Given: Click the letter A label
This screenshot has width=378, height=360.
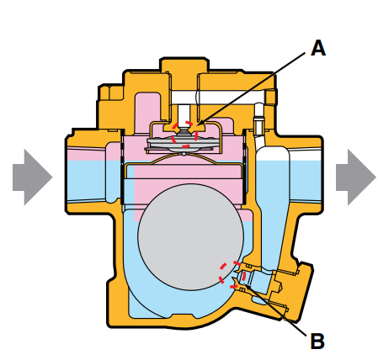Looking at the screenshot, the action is click(318, 48).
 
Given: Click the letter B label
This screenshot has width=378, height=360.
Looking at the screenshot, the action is click(318, 341).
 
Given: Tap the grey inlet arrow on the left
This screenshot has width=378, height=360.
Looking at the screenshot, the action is click(33, 177).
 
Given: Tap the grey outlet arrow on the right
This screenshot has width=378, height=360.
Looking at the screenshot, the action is click(356, 177).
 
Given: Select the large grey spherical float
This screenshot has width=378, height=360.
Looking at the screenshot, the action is click(191, 237).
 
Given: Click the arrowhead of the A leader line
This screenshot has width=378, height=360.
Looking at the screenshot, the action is click(200, 124).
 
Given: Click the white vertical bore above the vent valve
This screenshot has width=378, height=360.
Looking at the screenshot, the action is click(184, 114).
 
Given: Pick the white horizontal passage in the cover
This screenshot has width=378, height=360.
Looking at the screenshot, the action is click(218, 98).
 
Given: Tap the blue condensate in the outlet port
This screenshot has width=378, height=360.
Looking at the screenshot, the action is click(306, 180).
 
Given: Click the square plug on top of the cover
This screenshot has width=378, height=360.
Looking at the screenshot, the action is click(184, 65).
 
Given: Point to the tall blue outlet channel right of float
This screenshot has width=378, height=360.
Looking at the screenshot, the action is click(272, 213).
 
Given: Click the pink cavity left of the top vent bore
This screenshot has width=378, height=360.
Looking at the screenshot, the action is click(148, 112).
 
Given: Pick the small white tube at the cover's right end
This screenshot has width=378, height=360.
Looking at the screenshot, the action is click(258, 118).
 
